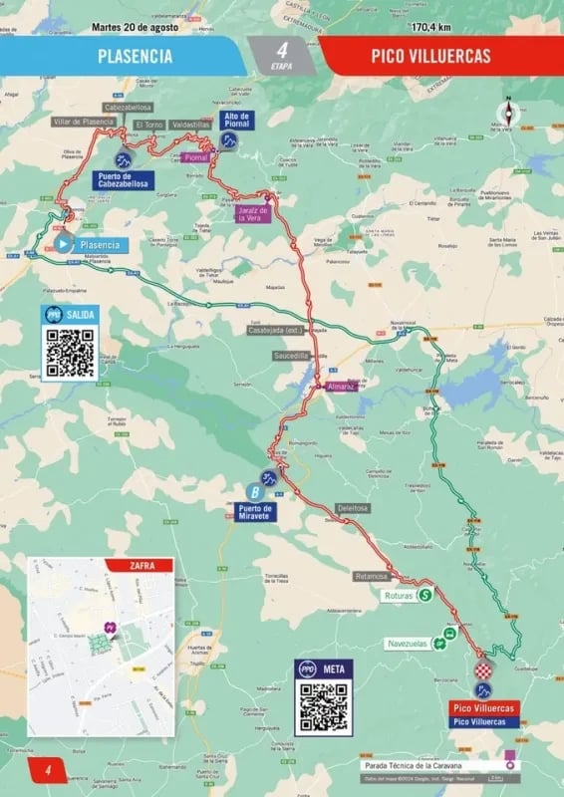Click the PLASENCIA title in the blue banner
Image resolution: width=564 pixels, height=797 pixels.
135,56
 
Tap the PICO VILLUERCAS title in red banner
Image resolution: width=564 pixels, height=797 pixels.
430,56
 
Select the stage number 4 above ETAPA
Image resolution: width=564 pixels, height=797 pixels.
282,49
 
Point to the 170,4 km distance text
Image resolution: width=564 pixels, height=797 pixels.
432,27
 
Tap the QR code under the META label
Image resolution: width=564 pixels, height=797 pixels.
323,707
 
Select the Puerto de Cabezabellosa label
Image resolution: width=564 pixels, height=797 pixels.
124,179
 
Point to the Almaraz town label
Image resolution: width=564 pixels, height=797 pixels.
341,386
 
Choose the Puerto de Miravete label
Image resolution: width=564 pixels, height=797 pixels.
255,511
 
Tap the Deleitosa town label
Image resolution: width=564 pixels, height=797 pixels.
353,507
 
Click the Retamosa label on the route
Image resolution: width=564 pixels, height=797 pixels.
370,576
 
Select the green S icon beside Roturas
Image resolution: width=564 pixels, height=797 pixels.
425,595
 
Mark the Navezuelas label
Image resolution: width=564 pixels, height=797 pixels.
410,644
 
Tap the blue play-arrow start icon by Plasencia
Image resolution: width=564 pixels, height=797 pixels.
62,242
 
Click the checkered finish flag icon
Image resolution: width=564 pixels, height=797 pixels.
483,669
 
